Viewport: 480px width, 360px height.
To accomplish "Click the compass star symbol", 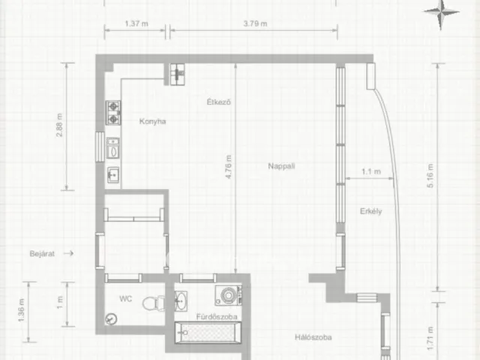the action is coord(441,12).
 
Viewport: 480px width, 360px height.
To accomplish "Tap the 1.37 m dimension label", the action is coord(136,23).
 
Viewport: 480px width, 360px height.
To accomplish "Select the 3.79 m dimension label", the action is coord(255,23).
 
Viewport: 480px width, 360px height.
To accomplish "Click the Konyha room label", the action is coord(152,121).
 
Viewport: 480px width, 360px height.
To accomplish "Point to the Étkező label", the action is coord(218,102).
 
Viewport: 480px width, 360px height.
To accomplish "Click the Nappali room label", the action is coord(281,166).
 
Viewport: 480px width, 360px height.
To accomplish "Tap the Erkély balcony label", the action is coord(370,211).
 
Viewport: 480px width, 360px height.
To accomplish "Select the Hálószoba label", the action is coord(313,337).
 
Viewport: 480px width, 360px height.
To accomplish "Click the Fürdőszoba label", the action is coord(217,316).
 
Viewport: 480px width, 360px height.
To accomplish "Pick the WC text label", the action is coord(125,298).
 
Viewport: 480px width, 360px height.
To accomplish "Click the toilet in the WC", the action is coord(154,303).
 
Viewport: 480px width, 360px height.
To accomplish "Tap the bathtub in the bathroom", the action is coord(208,332).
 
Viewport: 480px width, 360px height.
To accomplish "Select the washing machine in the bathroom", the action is coord(228,295).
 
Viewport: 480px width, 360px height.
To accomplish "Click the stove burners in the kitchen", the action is coord(113,112).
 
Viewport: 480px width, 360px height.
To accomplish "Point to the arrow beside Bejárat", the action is coord(68,253).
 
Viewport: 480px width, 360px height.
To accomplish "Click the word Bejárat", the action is coord(42,253).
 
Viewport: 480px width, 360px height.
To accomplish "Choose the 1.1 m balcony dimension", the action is coord(371,172).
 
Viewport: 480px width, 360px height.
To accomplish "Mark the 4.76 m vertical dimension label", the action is coord(228,166).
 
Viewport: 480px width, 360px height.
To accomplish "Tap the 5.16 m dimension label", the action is coord(430,175).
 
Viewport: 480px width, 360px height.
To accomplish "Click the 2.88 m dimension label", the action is coord(59,125).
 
